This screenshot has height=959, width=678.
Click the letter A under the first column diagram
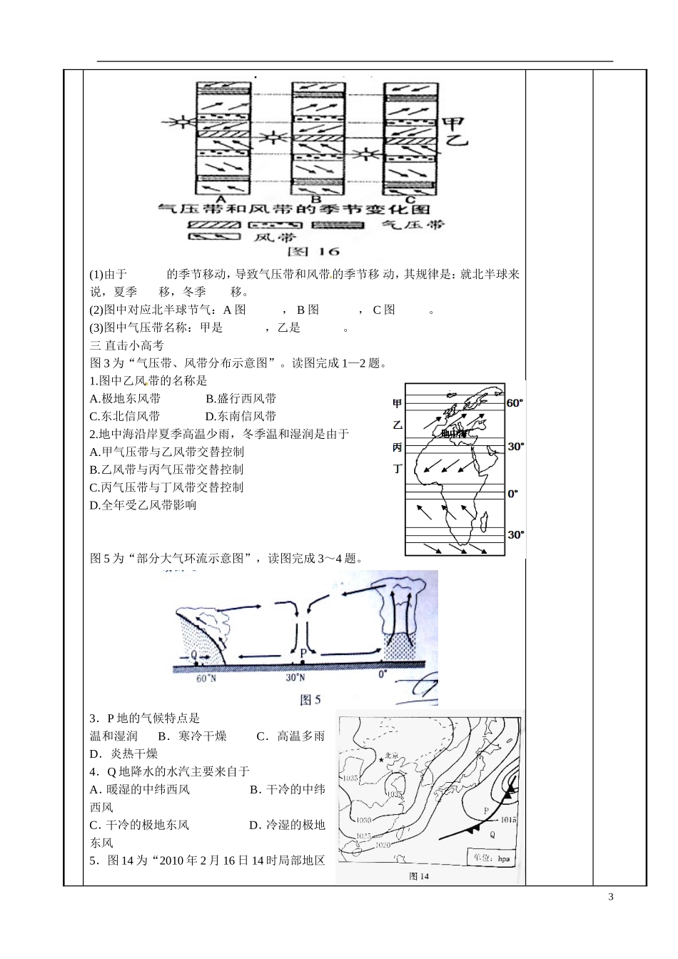222,198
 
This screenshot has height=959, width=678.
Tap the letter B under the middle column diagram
316,199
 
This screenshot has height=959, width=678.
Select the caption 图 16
314,251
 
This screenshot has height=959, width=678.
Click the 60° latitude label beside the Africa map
515,403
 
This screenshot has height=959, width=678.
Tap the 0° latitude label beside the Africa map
512,493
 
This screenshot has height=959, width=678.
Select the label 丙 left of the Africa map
398,447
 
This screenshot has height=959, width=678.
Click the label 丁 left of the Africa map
398,469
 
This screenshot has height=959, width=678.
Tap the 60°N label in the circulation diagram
206,679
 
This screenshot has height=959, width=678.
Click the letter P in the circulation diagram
303,652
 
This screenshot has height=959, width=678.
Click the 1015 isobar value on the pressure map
507,820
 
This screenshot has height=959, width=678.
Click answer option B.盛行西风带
241,399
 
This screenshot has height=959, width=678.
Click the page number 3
610,897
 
